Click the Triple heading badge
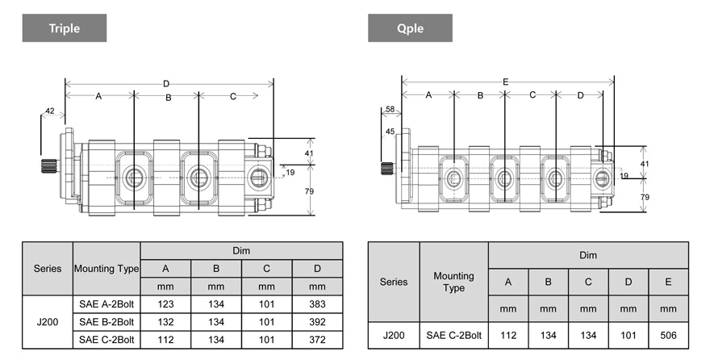click(65, 28)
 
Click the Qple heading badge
click(410, 28)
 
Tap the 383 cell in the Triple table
click(316, 305)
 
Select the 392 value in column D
click(316, 322)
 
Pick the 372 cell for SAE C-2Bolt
click(316, 339)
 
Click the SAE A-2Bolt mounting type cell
click(106, 305)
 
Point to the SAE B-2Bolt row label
click(106, 322)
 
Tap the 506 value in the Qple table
click(668, 335)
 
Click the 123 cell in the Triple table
click(165, 305)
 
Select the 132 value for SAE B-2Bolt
click(165, 322)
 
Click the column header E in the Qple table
click(668, 282)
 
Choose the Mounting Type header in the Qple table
click(453, 282)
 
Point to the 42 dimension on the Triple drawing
click(50, 111)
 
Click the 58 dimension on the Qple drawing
click(390, 109)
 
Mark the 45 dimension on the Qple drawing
click(390, 132)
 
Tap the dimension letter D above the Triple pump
click(166, 83)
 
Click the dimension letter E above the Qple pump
click(505, 82)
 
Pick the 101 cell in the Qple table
click(628, 335)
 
